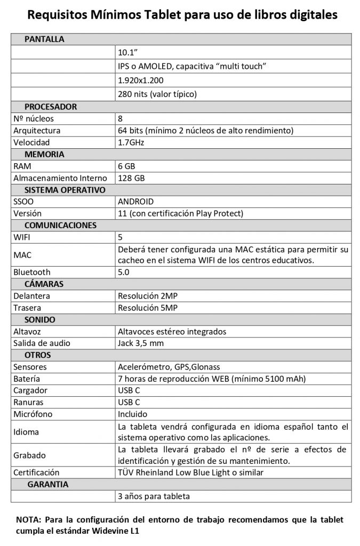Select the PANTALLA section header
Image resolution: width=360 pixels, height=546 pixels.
(x=44, y=39)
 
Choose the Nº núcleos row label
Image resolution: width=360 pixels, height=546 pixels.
(x=34, y=118)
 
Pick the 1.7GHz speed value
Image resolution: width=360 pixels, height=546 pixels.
(x=131, y=142)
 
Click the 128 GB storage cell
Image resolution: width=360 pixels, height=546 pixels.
(x=131, y=178)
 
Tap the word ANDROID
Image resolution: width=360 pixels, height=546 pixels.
(x=135, y=202)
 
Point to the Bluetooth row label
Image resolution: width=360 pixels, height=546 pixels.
(x=32, y=272)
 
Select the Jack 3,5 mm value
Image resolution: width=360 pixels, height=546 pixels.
(x=140, y=343)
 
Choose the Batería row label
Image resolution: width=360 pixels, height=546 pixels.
(x=26, y=379)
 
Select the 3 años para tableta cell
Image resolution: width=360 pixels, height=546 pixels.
(x=154, y=496)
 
